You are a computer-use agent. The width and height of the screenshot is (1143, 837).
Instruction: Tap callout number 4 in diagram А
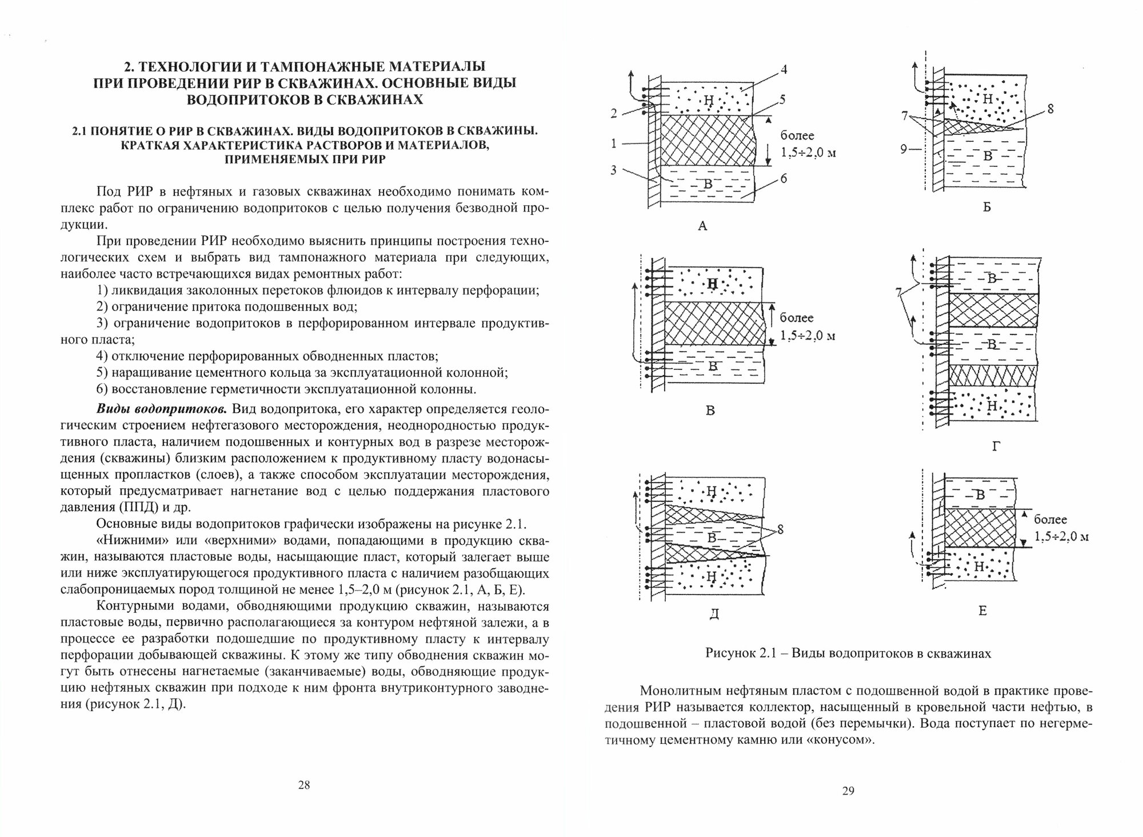784,70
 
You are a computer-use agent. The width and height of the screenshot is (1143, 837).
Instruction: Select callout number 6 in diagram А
784,178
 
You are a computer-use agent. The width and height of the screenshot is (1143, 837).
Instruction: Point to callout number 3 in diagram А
614,170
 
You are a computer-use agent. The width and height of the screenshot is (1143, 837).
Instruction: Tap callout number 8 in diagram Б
1050,109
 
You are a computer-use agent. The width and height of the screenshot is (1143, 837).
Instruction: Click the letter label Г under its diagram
996,447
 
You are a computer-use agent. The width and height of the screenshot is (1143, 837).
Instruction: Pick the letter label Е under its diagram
982,611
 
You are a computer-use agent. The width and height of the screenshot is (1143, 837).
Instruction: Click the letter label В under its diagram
710,410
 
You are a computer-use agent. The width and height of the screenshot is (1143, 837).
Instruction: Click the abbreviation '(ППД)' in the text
140,507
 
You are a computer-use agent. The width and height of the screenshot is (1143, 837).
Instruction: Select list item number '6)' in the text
102,389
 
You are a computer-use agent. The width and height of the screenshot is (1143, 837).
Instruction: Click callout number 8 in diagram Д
780,530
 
